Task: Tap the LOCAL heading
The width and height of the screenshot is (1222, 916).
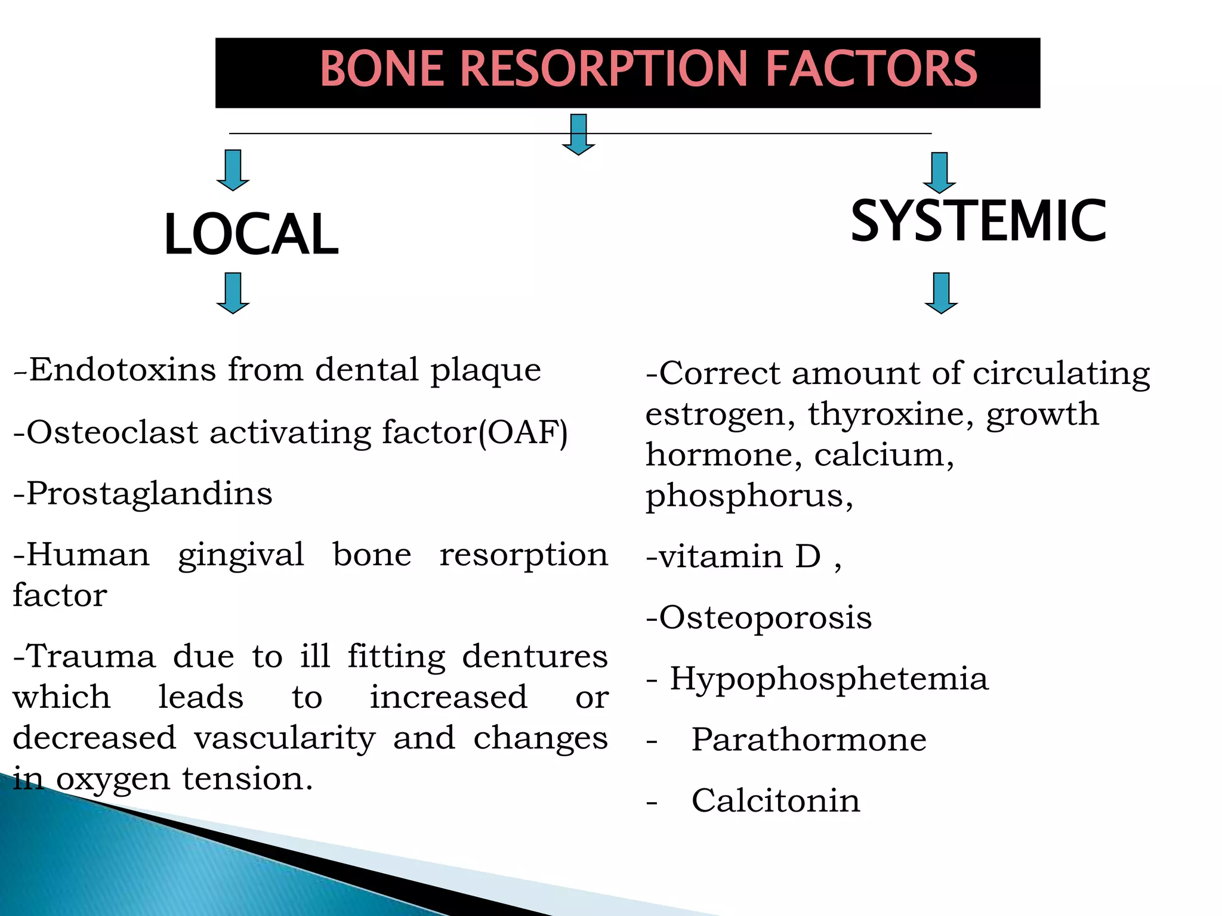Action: click(x=251, y=234)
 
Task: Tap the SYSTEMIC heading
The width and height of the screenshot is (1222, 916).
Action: click(x=978, y=221)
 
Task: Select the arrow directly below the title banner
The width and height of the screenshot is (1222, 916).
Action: click(x=578, y=135)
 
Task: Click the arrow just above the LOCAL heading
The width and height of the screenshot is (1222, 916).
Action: click(x=233, y=171)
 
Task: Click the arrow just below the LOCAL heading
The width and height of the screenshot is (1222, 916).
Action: click(x=233, y=293)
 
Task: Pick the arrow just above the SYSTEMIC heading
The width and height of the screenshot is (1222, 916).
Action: click(x=939, y=173)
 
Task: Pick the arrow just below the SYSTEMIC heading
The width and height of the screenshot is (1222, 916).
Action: click(x=941, y=293)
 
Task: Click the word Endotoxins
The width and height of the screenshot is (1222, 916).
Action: click(x=122, y=370)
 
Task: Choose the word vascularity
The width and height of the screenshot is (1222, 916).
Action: click(x=285, y=738)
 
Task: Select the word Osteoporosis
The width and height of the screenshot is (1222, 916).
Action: click(x=765, y=618)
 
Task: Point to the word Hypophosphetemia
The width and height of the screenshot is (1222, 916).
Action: click(x=829, y=679)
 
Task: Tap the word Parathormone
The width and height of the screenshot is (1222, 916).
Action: click(x=809, y=740)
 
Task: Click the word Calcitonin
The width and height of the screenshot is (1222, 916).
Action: click(x=776, y=801)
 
